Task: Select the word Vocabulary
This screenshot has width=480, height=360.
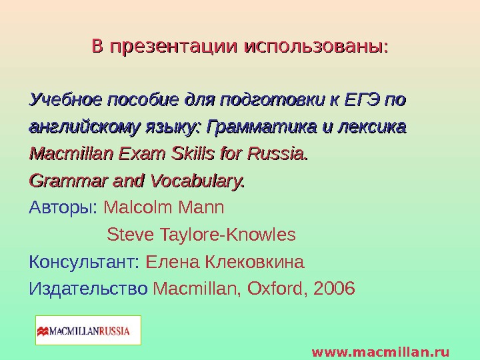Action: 197,181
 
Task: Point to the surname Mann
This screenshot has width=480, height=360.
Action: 203,207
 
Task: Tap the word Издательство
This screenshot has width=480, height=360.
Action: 89,289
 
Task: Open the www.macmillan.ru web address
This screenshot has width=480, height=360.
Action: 381,351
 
